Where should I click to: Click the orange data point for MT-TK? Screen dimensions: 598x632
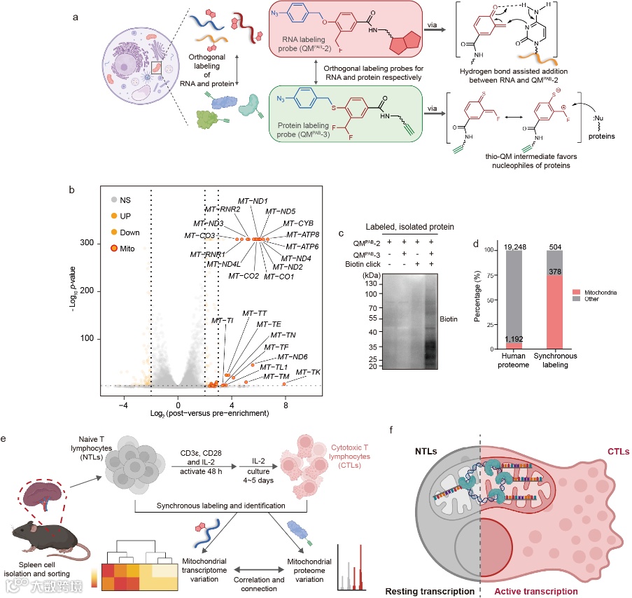(x=284, y=384)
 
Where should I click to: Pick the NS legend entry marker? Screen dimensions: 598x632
(x=115, y=199)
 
